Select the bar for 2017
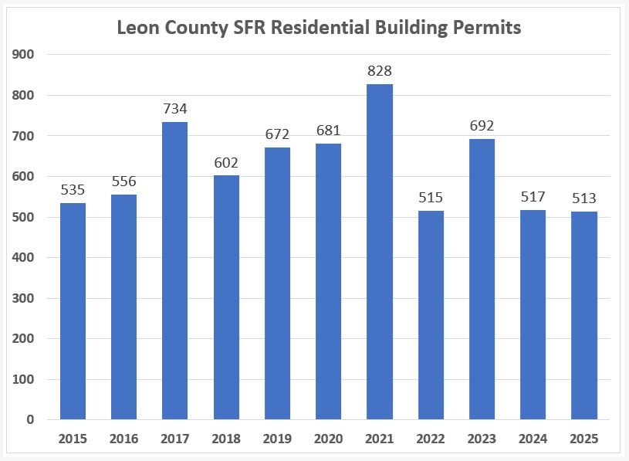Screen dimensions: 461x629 click(x=175, y=270)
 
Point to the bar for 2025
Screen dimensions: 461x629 click(x=584, y=316)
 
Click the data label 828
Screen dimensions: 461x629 click(x=380, y=72)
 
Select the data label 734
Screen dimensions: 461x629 click(x=175, y=110)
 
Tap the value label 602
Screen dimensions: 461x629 click(x=226, y=163)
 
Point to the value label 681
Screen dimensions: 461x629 click(x=329, y=131)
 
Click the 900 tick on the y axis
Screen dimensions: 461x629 click(x=24, y=54)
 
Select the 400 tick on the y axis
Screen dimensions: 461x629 click(x=24, y=257)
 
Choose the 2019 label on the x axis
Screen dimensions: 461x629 click(x=277, y=439)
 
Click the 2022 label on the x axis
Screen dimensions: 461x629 click(x=431, y=439)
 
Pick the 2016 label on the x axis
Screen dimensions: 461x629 click(x=124, y=439)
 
